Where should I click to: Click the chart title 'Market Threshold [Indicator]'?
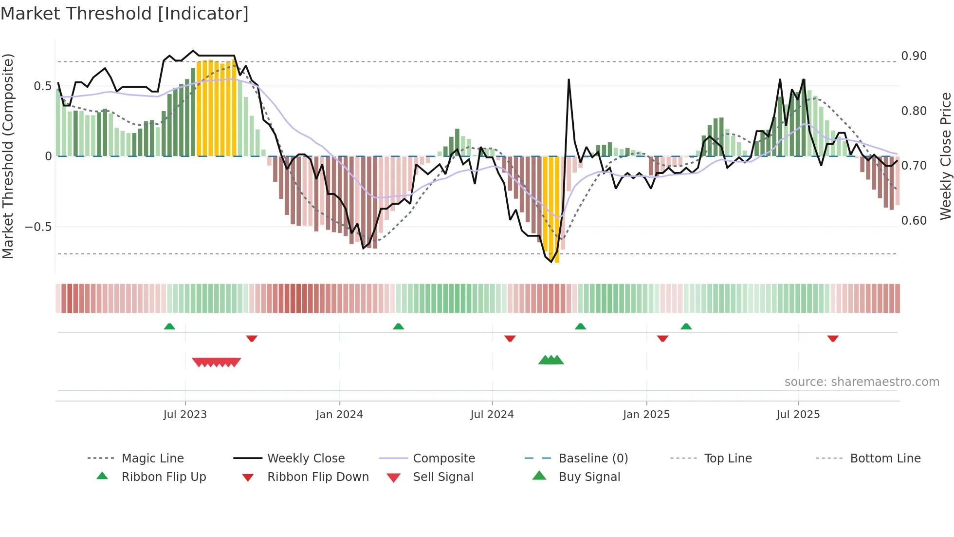(125, 14)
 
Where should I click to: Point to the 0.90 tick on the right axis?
(914, 56)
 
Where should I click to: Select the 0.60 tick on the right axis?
(914, 221)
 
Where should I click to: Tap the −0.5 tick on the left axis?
(38, 227)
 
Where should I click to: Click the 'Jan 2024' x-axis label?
(339, 415)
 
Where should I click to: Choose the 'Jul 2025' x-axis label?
(798, 415)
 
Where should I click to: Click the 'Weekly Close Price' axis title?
(945, 156)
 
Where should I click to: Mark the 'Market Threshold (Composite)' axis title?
(8, 156)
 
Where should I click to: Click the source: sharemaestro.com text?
(862, 382)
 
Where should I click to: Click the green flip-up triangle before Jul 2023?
(169, 326)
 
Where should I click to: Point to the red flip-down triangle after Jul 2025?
(833, 338)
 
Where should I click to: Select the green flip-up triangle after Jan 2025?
(686, 326)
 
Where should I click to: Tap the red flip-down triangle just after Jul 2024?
(510, 338)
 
